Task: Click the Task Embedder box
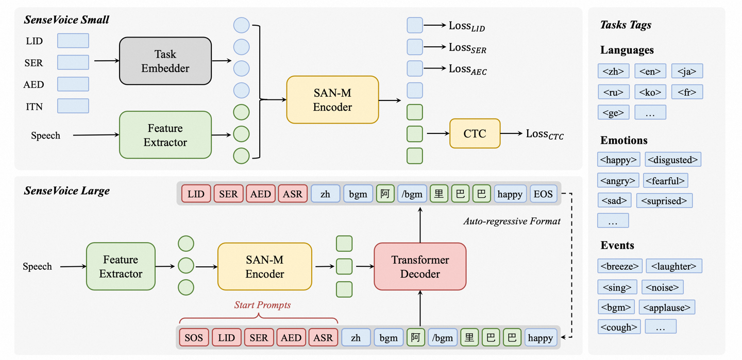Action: click(165, 61)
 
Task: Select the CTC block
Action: click(475, 133)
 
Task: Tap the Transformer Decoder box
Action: click(420, 267)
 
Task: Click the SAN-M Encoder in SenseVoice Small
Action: click(332, 100)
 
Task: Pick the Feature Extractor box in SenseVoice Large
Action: click(121, 267)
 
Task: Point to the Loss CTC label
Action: click(545, 134)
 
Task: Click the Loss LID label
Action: click(466, 26)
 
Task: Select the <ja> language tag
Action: click(687, 72)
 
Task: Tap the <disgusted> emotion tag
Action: click(673, 160)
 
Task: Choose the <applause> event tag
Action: click(667, 307)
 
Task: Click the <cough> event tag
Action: click(619, 327)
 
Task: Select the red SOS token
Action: click(194, 338)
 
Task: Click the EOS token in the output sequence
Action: click(543, 194)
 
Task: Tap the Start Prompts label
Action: click(262, 305)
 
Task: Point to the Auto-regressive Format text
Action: click(511, 221)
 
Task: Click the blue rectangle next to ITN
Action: click(73, 106)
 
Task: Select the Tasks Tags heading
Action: click(626, 25)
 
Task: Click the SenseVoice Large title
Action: click(67, 191)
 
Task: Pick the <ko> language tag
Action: click(650, 92)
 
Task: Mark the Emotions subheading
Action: click(623, 140)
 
